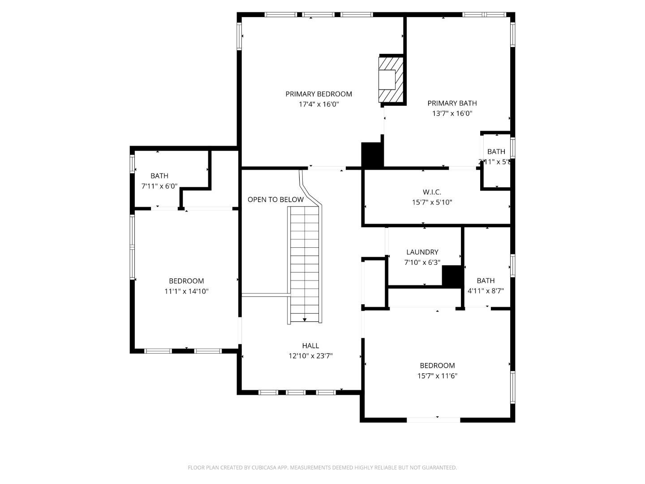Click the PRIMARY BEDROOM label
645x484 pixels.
pos(318,94)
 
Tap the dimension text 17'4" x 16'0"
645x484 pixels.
pos(318,104)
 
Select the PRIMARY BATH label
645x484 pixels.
pos(452,103)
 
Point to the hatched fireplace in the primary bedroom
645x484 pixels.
pos(391,80)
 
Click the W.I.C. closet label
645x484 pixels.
pos(432,192)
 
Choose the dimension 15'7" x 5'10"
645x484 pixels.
pos(432,202)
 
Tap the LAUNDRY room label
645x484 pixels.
pos(422,252)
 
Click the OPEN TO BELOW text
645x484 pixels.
pos(275,199)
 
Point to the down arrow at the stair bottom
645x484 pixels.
pos(305,320)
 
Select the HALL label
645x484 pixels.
pos(310,346)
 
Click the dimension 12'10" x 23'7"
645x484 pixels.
pos(310,356)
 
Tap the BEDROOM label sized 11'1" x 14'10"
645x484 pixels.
pos(186,281)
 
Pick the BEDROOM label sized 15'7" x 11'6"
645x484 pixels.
pos(437,365)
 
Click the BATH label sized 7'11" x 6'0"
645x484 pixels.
pos(159,176)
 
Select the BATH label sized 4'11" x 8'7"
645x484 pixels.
pos(486,281)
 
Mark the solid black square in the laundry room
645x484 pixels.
pos(452,276)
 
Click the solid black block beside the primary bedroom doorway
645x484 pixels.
pos(372,155)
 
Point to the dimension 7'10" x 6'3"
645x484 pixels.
pos(422,263)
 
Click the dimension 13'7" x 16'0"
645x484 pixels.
pos(452,114)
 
